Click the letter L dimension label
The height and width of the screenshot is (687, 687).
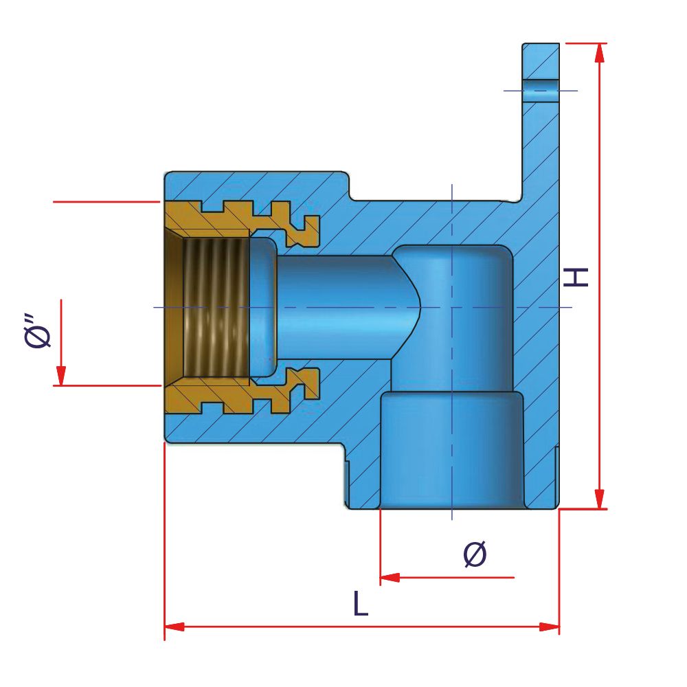[360, 604]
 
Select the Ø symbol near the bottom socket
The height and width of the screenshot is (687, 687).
[475, 554]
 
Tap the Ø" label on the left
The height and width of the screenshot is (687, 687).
[38, 331]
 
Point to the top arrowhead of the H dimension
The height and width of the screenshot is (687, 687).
[600, 54]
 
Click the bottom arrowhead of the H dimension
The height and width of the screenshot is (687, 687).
[600, 499]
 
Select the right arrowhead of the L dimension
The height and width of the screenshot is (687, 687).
[550, 627]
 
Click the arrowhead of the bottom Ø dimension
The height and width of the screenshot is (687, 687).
[390, 578]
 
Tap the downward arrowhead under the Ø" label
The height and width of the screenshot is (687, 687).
[61, 376]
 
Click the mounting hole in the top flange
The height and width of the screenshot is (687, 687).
[540, 90]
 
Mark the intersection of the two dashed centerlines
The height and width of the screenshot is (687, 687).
[451, 306]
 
